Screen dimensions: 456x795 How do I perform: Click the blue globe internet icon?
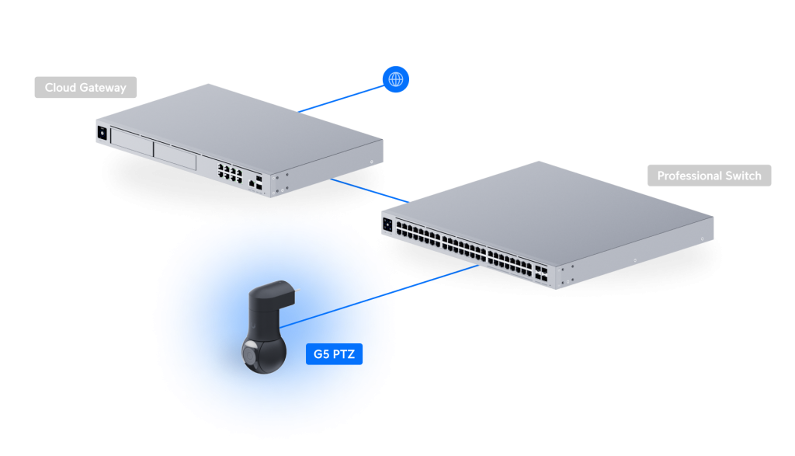tap(396, 78)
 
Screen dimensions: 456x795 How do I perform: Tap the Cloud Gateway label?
tap(85, 87)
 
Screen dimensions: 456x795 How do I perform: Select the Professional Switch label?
tap(709, 176)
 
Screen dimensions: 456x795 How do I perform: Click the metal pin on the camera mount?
tap(297, 292)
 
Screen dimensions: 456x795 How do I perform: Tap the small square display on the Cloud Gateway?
tap(102, 132)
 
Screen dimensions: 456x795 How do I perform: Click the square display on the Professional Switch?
tap(387, 225)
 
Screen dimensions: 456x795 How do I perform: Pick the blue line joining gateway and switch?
tap(365, 189)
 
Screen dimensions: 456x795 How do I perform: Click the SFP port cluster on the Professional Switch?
tap(543, 273)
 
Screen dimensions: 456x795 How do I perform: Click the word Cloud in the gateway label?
tap(61, 87)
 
